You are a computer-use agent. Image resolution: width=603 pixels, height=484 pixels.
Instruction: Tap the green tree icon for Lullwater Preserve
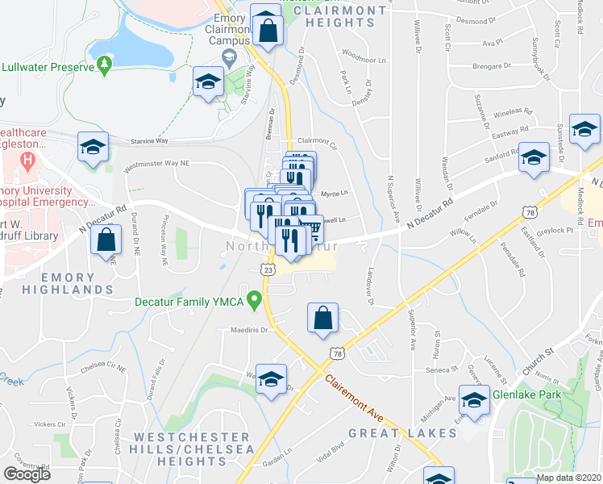tap(104, 64)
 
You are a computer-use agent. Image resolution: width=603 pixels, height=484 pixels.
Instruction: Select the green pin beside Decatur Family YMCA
tap(256, 302)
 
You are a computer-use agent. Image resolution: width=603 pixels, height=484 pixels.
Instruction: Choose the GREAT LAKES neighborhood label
tap(402, 433)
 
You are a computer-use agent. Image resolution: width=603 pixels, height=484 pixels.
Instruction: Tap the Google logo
tap(27, 474)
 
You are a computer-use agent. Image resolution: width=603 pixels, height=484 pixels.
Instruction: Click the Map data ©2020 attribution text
tap(569, 478)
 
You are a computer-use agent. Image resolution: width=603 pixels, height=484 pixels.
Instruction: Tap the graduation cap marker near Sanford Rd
tap(533, 158)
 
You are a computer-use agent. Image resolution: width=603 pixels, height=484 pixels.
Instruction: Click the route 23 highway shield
tap(265, 269)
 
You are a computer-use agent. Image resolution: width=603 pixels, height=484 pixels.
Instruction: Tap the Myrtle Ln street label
tap(334, 194)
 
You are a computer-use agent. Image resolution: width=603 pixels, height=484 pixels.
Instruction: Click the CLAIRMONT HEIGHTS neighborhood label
tap(347, 16)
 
